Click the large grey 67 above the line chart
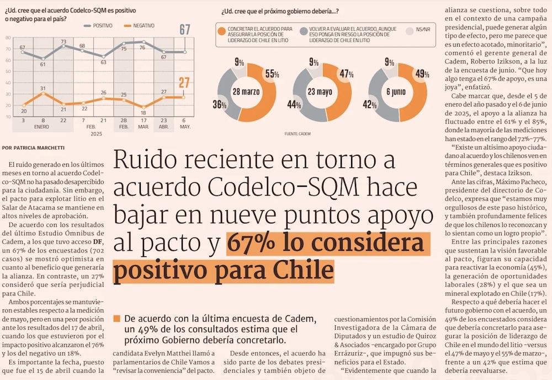pyautogui.click(x=184, y=29)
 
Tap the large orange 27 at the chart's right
pyautogui.click(x=184, y=83)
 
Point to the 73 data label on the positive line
pyautogui.click(x=63, y=41)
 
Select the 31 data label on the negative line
pyautogui.click(x=43, y=88)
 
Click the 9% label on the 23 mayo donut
pyautogui.click(x=314, y=62)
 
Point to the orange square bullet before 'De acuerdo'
pyautogui.click(x=116, y=319)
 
